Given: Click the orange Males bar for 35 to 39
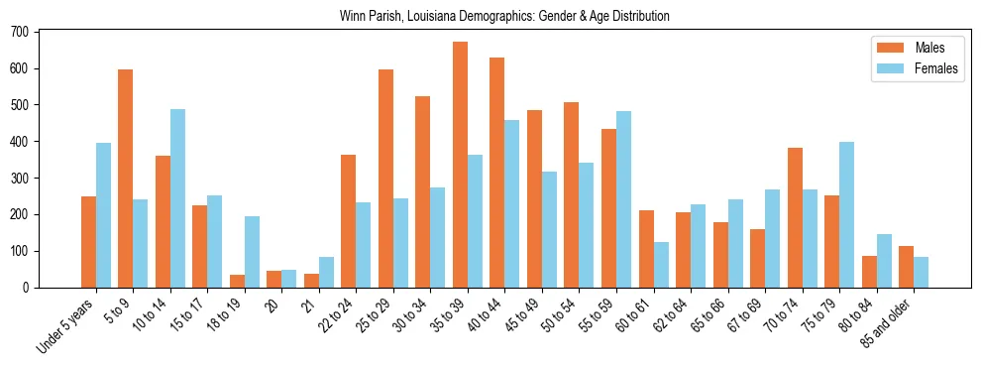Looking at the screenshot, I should [x=460, y=165].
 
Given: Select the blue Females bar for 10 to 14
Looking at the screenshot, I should [x=177, y=198].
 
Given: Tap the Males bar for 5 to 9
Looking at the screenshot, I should [x=126, y=179].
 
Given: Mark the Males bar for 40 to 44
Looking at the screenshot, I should [x=497, y=173].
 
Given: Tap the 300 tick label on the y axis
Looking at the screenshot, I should [x=20, y=179].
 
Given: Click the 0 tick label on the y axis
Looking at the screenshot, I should [x=27, y=288].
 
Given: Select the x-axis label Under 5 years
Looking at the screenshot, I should [x=66, y=327].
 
